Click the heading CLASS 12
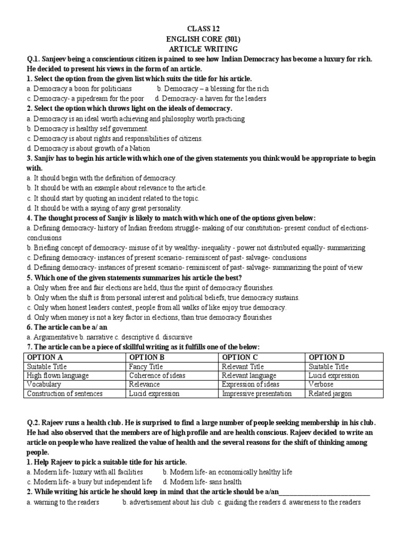[x=203, y=29]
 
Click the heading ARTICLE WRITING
[x=203, y=49]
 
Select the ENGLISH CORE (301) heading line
[x=203, y=39]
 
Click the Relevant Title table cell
[x=243, y=366]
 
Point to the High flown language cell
[x=58, y=375]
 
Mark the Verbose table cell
[x=321, y=384]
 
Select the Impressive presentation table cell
[x=256, y=393]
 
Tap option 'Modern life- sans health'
[x=202, y=482]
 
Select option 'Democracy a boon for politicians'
[x=79, y=89]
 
